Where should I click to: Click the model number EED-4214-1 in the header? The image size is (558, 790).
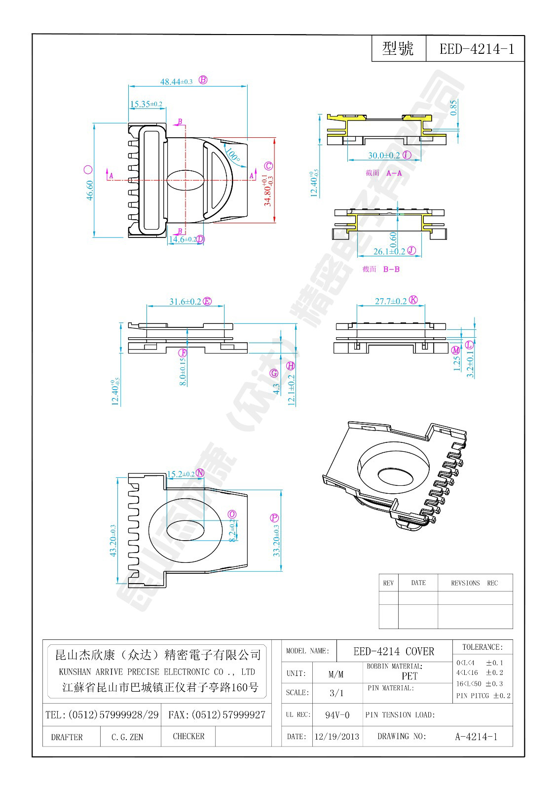tap(476, 49)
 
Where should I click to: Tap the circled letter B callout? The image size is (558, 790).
tap(203, 80)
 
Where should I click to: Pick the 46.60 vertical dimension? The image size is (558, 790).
tap(90, 190)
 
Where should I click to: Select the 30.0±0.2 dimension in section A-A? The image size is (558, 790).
tap(384, 155)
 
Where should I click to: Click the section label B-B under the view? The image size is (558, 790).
tap(391, 269)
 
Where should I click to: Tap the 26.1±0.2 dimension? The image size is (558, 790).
tap(389, 251)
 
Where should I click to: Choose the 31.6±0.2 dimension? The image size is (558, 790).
tap(186, 301)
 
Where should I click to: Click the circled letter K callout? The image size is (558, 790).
tap(413, 300)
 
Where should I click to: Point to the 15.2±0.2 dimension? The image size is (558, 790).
tap(181, 474)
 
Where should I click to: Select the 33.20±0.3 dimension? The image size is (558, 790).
tap(277, 541)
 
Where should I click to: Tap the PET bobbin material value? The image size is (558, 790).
tap(409, 676)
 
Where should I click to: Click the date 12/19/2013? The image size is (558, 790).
tap(336, 736)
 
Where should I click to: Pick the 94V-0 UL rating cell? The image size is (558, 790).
tap(337, 714)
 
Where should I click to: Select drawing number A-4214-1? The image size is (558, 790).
tap(476, 736)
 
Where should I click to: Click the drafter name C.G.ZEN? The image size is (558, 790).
tap(127, 737)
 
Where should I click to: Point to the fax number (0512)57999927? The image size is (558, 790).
tap(217, 714)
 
